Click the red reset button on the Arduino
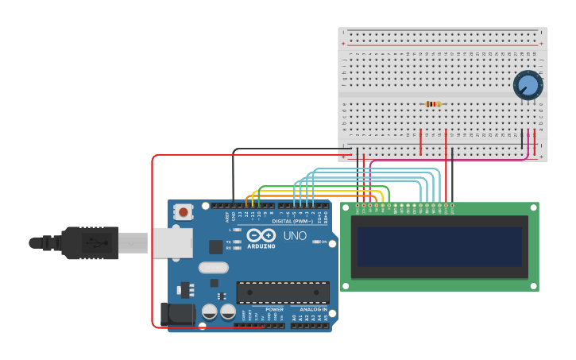point(184,212)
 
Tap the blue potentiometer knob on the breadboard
point(527,85)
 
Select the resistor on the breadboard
point(433,104)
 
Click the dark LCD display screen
point(439,246)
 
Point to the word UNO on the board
point(295,235)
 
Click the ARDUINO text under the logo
point(261,246)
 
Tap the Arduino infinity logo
point(261,236)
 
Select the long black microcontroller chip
point(282,292)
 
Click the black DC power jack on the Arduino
point(177,312)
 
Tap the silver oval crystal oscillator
point(213,268)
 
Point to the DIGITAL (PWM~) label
point(292,221)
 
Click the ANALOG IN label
point(313,309)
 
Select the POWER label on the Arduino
point(274,309)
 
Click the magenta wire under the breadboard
point(445,160)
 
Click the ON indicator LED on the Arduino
point(318,242)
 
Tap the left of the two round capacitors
point(210,311)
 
